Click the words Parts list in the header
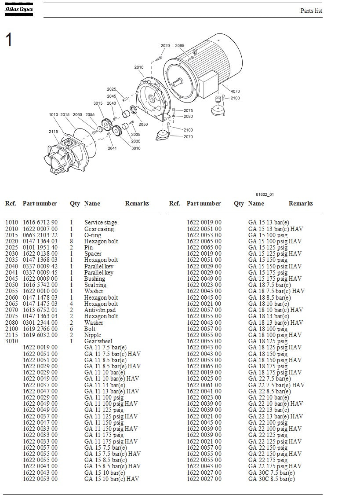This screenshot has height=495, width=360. click(311, 11)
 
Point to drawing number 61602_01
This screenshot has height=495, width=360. click(265, 194)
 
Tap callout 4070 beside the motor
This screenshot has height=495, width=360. click(235, 92)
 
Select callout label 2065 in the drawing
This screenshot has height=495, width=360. click(180, 46)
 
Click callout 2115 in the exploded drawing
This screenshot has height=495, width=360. click(53, 132)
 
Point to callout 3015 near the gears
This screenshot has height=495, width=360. click(98, 103)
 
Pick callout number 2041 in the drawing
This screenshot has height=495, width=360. click(113, 148)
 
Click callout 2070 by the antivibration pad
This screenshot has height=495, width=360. click(188, 137)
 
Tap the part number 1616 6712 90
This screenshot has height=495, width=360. click(40, 223)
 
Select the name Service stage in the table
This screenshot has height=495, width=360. click(101, 223)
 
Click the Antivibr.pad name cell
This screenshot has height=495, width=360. click(100, 310)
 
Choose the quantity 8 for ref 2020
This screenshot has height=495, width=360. click(72, 241)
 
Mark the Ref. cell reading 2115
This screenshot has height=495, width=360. click(12, 335)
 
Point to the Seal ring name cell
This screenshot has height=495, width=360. click(95, 285)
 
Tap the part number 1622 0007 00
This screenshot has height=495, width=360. click(40, 229)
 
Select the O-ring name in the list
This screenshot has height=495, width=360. click(93, 235)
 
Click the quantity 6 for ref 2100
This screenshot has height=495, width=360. click(72, 329)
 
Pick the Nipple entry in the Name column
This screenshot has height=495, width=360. click(93, 335)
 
